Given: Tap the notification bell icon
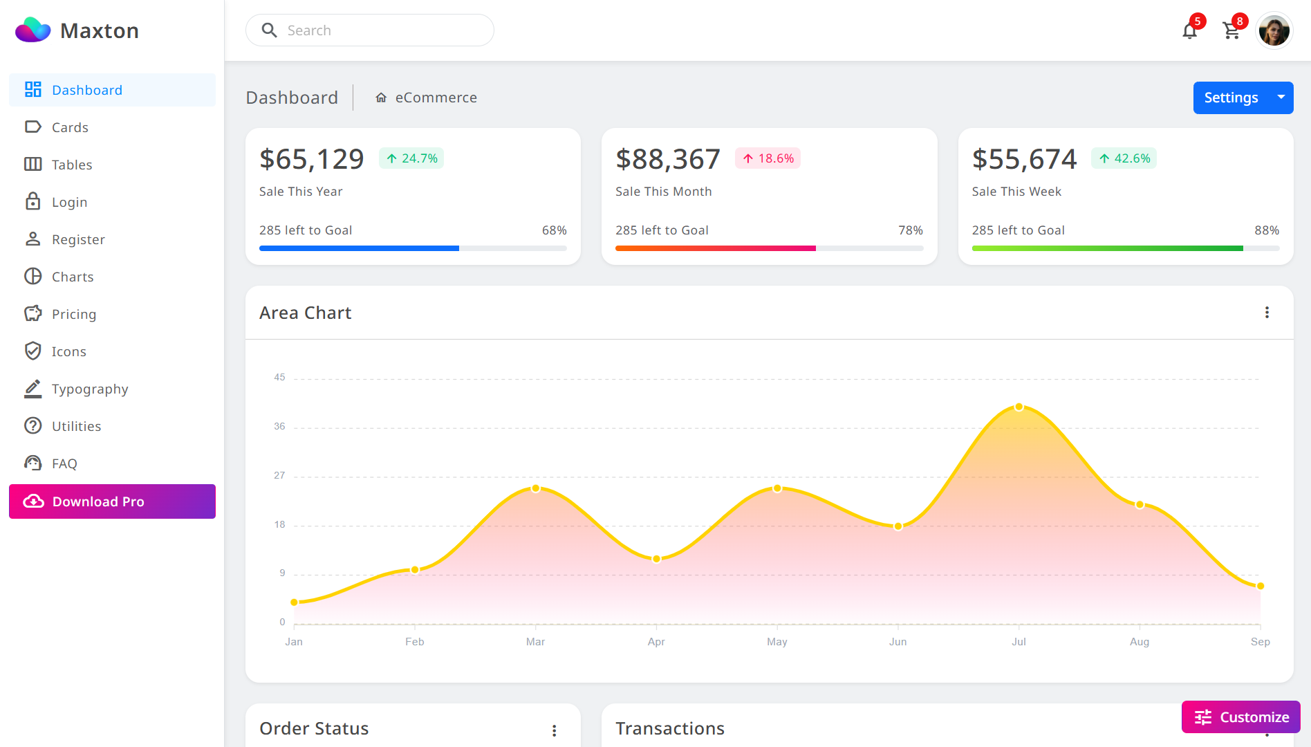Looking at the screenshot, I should point(1189,31).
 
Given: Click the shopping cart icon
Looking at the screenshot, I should point(1231,31).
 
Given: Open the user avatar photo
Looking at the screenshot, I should point(1274,31).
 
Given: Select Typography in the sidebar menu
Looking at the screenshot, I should point(90,389).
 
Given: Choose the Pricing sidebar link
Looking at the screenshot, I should point(74,314).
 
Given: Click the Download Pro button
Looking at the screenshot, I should point(112,501).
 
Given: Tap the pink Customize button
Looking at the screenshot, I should point(1241,717).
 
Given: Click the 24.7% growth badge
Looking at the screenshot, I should point(411,158).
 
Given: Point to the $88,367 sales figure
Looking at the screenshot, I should point(668,159).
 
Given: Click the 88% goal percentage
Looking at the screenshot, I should point(1267,230).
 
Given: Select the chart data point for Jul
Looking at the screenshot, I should point(1019,407).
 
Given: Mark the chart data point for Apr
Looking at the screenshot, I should point(656,559).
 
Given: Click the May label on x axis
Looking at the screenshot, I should point(777,642).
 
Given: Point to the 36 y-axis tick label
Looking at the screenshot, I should point(279,426).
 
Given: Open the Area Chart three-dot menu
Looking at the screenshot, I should point(1267,313).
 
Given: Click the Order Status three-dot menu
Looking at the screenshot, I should point(554,730).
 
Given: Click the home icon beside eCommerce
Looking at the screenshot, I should point(381,98).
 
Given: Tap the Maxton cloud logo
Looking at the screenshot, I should point(33,30).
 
